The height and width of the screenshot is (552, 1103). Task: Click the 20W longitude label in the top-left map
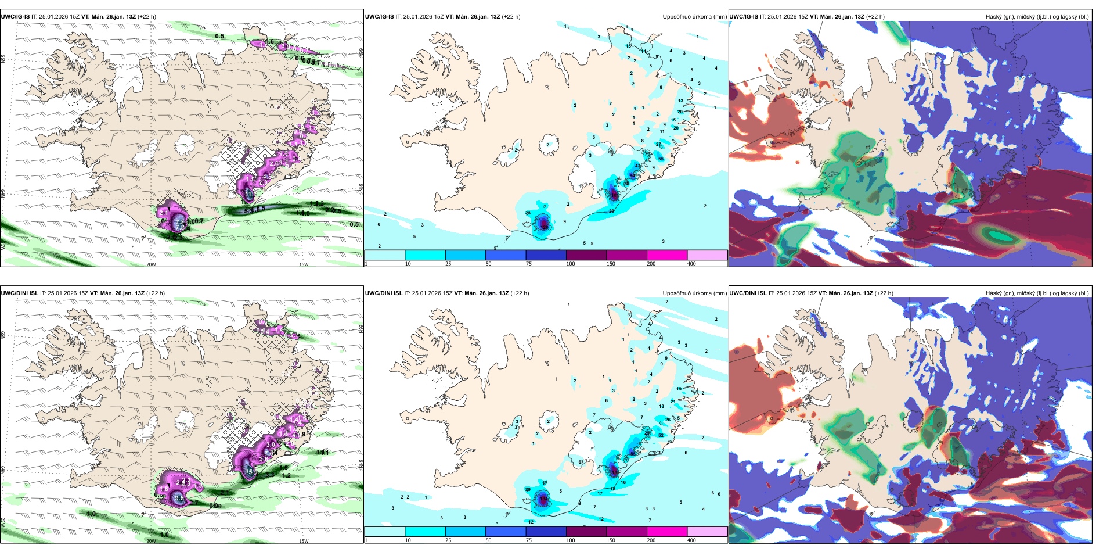(151, 264)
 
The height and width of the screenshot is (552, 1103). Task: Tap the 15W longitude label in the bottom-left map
(304, 541)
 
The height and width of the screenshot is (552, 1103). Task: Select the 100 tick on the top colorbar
(570, 264)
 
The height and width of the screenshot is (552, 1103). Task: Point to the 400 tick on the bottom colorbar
(691, 540)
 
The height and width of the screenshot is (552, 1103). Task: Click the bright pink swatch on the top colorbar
(666, 255)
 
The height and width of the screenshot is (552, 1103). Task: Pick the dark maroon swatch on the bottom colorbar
(586, 532)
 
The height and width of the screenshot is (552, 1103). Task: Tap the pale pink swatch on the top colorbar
(707, 255)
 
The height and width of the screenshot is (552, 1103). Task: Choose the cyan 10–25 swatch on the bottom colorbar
(424, 532)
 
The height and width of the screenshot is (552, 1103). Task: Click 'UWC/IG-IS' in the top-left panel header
(15, 17)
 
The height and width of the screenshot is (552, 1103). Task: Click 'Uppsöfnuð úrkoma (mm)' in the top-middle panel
(694, 17)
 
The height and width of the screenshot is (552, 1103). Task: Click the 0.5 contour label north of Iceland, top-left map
(219, 37)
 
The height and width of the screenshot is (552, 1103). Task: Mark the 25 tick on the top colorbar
(448, 264)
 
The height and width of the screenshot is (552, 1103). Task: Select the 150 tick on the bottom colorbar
(611, 540)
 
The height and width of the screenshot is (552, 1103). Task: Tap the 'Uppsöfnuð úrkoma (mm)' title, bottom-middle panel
(694, 293)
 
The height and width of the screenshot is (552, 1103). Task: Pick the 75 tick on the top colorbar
(529, 264)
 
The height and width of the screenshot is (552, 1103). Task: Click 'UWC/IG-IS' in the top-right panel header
(744, 17)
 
